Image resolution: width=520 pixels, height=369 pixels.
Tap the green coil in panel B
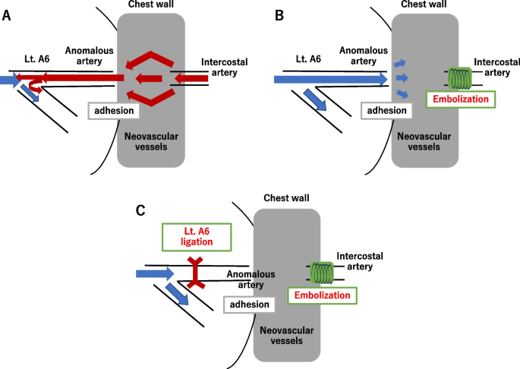459,77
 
